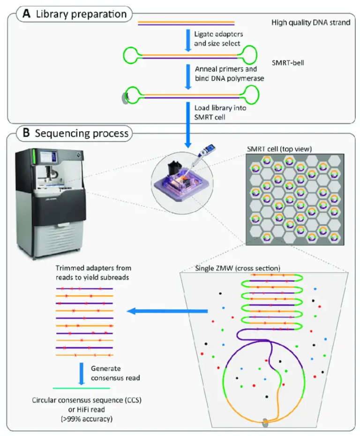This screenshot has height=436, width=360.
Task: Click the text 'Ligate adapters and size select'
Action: pos(217,38)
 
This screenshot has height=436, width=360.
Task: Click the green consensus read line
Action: pos(81,388)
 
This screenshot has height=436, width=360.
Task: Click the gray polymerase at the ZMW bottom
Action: pos(265,423)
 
